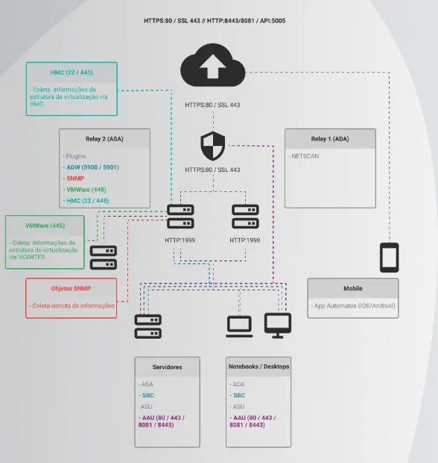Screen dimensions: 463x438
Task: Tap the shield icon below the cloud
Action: [x=212, y=146]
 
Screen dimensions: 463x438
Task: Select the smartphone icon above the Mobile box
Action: [x=390, y=258]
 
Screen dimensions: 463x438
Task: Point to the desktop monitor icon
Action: [x=278, y=325]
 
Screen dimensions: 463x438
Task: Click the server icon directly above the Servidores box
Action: [x=148, y=325]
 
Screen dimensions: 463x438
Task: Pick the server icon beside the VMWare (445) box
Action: [x=104, y=258]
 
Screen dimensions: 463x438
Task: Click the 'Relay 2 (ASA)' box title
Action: [x=104, y=139]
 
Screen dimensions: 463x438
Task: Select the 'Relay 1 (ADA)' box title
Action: [x=329, y=139]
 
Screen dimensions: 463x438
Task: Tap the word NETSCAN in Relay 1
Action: [x=306, y=156]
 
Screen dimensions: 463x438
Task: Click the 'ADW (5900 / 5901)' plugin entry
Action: [x=92, y=167]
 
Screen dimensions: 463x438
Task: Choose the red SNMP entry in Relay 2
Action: [x=75, y=179]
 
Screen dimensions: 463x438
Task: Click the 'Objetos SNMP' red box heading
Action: [x=72, y=288]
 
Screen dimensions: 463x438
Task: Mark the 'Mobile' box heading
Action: [x=353, y=288]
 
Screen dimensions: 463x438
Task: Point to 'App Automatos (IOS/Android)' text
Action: [x=354, y=306]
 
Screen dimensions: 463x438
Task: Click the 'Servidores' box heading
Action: [x=167, y=367]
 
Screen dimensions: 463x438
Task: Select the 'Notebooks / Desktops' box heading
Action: [x=258, y=367]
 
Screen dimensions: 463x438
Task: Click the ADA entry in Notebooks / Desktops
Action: [x=238, y=384]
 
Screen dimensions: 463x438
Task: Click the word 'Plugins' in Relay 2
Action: [x=75, y=157]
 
